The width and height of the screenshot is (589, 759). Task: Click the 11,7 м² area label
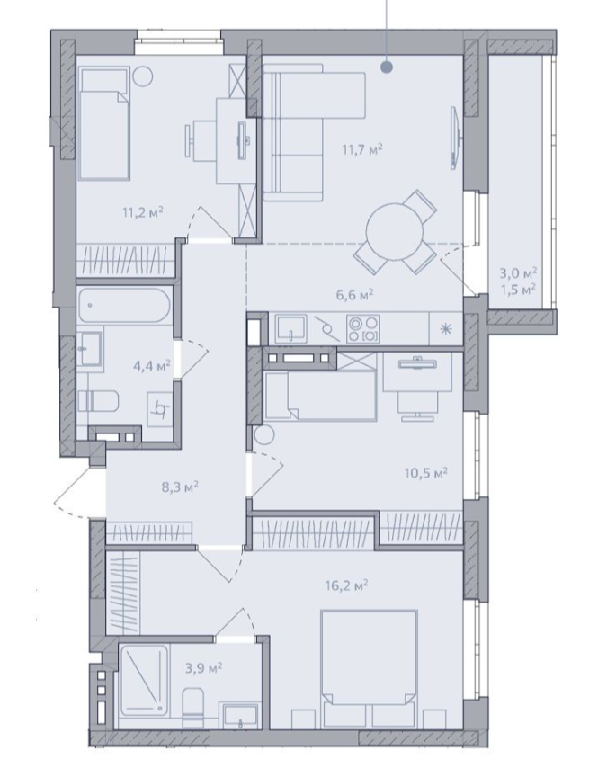[x=362, y=149]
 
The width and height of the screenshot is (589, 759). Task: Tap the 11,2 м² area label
[x=143, y=211]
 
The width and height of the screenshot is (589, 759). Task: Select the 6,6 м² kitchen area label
[x=355, y=294]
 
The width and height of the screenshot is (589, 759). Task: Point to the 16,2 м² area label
[x=347, y=586]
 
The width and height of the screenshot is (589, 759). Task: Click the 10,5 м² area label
[x=426, y=472]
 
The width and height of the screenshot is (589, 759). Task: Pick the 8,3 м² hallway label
[x=180, y=487]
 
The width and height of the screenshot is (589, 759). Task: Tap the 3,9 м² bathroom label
[x=204, y=668]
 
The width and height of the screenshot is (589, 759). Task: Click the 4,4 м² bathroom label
[x=152, y=365]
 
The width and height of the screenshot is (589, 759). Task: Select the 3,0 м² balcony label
[x=518, y=273]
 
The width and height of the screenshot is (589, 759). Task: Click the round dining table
[x=395, y=231]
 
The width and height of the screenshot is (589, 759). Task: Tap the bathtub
[x=124, y=306]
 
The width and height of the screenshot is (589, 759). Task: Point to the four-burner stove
[x=363, y=329]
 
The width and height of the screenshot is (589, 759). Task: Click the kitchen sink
[x=290, y=328]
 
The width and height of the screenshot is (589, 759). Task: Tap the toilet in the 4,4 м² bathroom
[x=99, y=401]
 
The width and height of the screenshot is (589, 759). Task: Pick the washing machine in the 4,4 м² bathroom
[x=160, y=409]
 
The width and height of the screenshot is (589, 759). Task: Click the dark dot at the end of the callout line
[x=386, y=67]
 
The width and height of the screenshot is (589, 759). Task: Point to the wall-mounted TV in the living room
[x=454, y=138]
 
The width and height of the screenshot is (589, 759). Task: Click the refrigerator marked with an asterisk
[x=446, y=329]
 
